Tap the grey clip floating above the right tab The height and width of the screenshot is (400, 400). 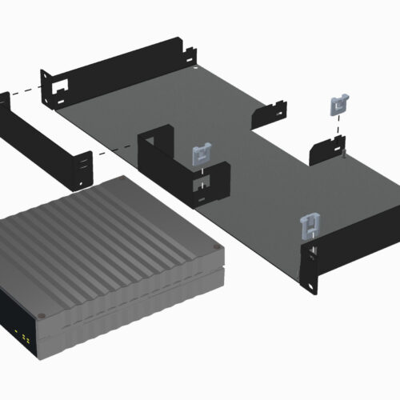(x=339, y=105)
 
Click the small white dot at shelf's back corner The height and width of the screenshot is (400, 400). (x=198, y=78)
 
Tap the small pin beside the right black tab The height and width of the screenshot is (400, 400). (x=343, y=155)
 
